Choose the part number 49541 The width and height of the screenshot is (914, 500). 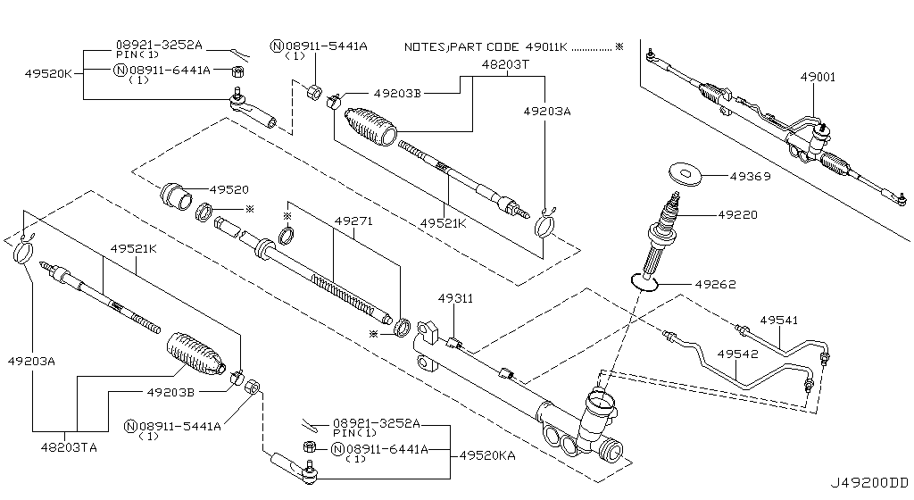pyautogui.click(x=779, y=320)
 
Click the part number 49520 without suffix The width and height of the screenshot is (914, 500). pyautogui.click(x=229, y=189)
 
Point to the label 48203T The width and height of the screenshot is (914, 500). pyautogui.click(x=505, y=64)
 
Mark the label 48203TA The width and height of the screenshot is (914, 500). pyautogui.click(x=69, y=446)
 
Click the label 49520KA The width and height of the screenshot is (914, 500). pyautogui.click(x=490, y=455)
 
